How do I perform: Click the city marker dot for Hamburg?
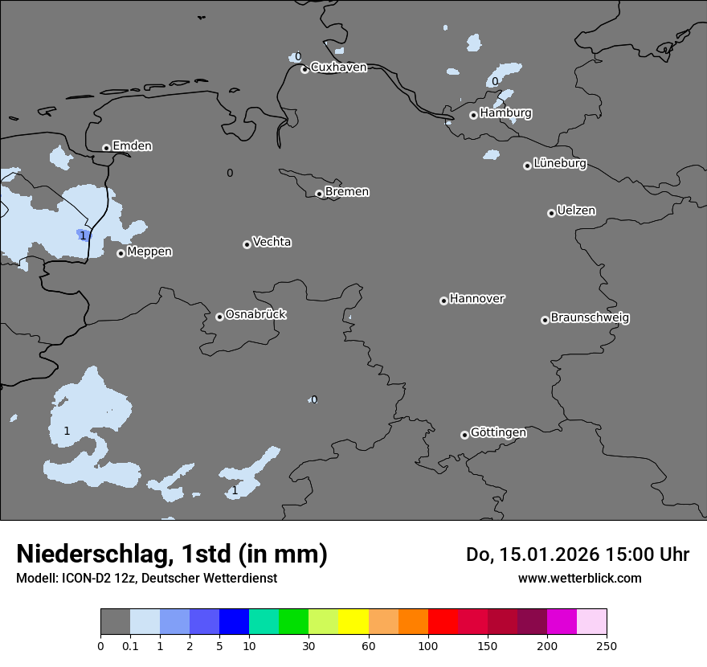pos(474,115)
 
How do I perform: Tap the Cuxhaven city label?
pos(338,68)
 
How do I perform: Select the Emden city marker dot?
pos(106,148)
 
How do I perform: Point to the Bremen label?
pos(347,192)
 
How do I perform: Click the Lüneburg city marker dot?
pos(527,166)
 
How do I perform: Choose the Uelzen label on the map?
pos(576,211)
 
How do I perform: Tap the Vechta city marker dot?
pos(247,244)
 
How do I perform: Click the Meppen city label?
pos(149,252)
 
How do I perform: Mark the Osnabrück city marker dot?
pos(219,317)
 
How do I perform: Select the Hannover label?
pos(477,299)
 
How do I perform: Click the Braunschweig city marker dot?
pos(545,320)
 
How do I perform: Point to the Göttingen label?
pos(498,433)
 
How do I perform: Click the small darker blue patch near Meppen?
pos(84,235)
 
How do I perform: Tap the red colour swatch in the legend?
pos(443,622)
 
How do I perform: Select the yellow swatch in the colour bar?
pos(353,622)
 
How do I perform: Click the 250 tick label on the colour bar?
pos(607,646)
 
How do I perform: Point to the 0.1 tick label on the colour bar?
pos(130,646)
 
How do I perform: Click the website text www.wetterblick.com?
pos(579,579)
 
